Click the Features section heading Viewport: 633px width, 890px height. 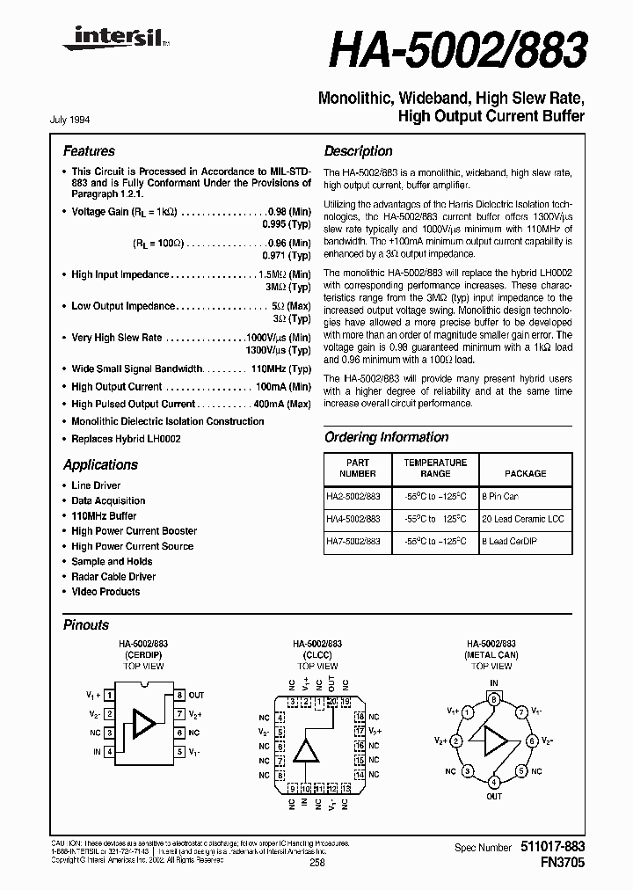click(89, 151)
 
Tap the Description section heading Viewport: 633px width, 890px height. click(358, 151)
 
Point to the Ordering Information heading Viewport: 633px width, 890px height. click(388, 437)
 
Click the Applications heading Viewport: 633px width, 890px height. click(100, 465)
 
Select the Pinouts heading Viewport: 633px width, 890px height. click(86, 625)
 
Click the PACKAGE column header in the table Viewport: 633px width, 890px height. click(525, 472)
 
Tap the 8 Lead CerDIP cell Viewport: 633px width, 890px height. click(508, 542)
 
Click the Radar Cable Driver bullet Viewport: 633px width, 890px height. click(113, 577)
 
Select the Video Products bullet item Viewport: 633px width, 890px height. click(105, 592)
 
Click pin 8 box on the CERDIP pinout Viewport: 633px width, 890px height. click(179, 695)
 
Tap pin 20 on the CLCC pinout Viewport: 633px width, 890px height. click(331, 702)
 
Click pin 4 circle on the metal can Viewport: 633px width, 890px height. click(494, 782)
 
